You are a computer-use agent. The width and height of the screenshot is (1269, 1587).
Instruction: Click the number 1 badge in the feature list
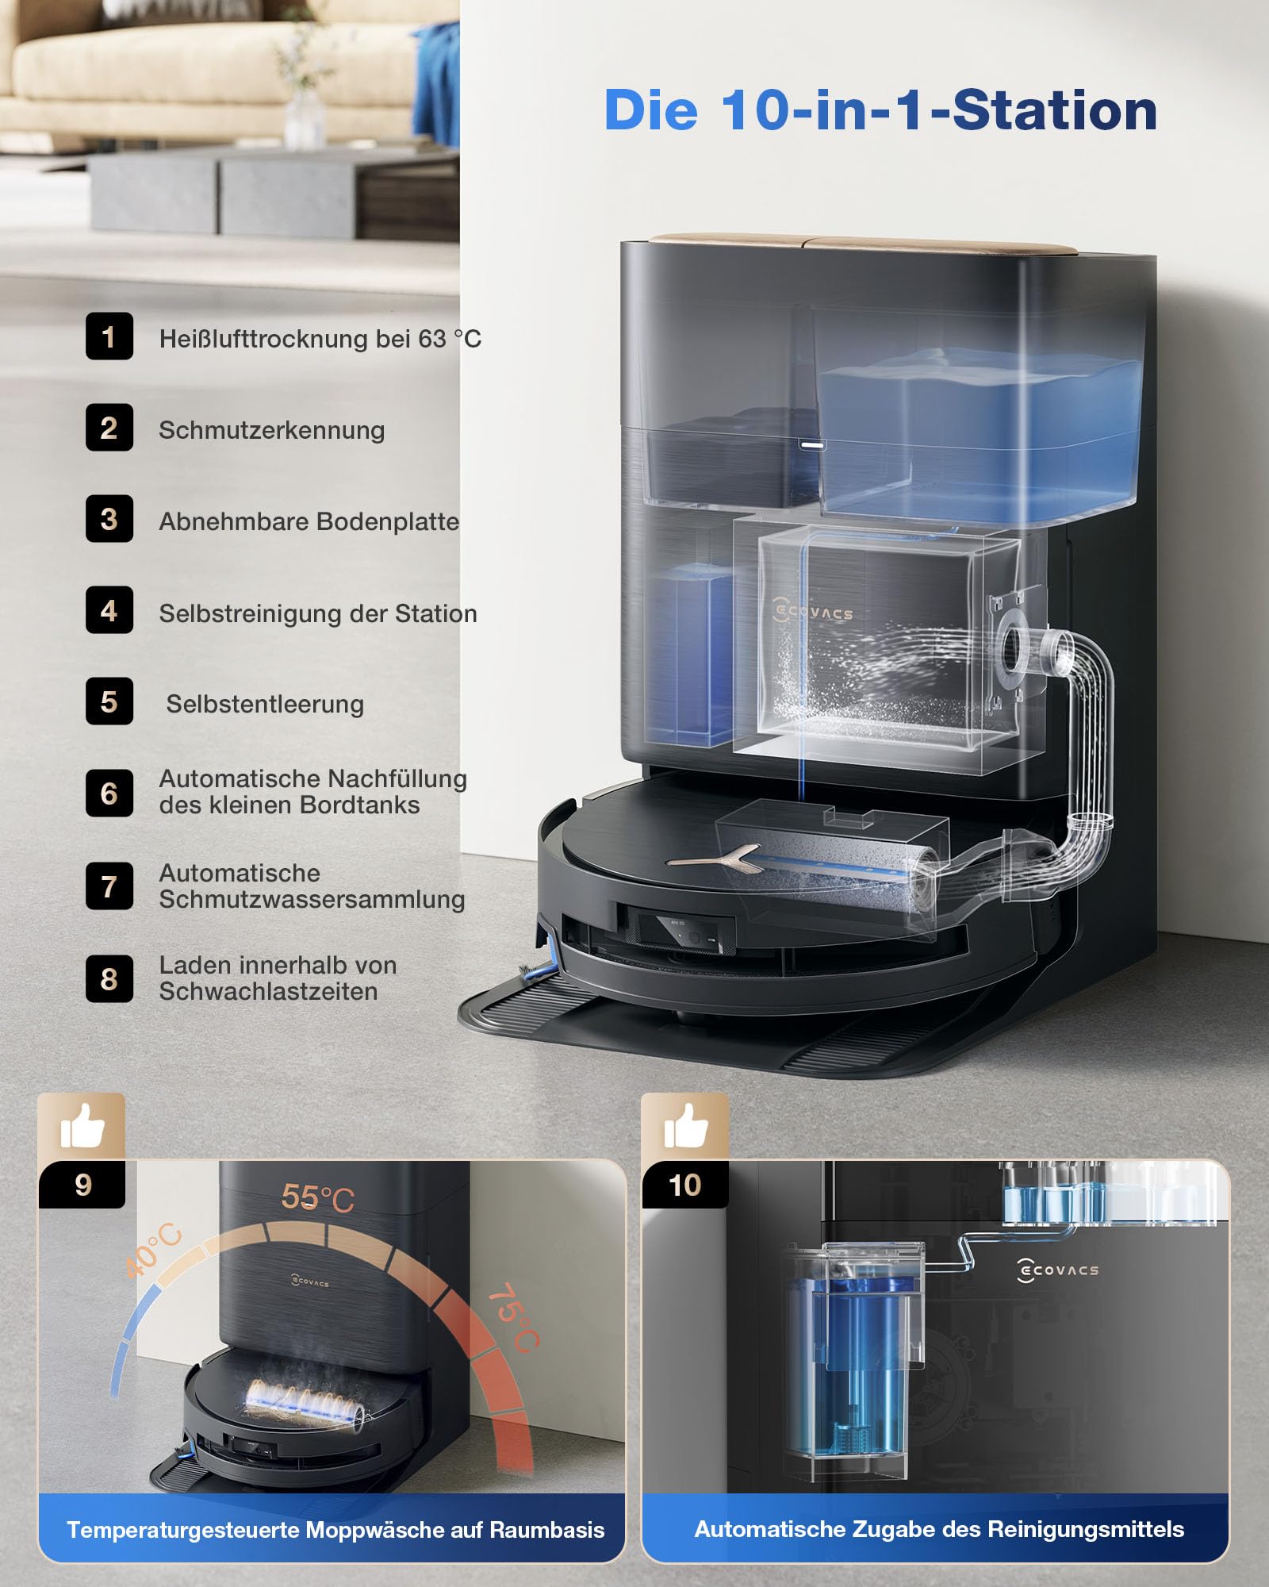[x=109, y=336]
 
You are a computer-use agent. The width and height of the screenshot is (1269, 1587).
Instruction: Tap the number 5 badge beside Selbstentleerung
[x=109, y=701]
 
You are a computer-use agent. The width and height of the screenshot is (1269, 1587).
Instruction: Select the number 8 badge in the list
[x=109, y=978]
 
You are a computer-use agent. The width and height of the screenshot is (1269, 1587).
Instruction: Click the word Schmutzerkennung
[x=272, y=431]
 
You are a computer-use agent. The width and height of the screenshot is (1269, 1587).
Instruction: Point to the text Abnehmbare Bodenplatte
[x=309, y=521]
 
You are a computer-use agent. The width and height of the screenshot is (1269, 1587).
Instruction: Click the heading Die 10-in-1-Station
[x=880, y=110]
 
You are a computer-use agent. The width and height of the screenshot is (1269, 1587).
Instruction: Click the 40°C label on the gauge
[x=154, y=1251]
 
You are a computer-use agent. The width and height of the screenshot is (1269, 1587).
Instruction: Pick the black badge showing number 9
[x=82, y=1185]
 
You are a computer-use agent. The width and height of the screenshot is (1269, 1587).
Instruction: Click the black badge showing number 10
[x=685, y=1185]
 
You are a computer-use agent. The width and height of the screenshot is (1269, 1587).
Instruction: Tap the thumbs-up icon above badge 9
[x=82, y=1126]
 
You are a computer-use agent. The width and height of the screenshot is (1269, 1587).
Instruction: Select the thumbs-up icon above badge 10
[x=686, y=1126]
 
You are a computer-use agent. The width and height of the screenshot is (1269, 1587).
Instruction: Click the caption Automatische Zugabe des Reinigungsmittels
[x=939, y=1529]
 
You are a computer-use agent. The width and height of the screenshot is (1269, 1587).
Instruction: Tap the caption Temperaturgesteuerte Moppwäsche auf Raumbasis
[x=335, y=1530]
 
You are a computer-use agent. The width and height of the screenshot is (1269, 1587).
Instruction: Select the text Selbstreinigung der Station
[x=318, y=613]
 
